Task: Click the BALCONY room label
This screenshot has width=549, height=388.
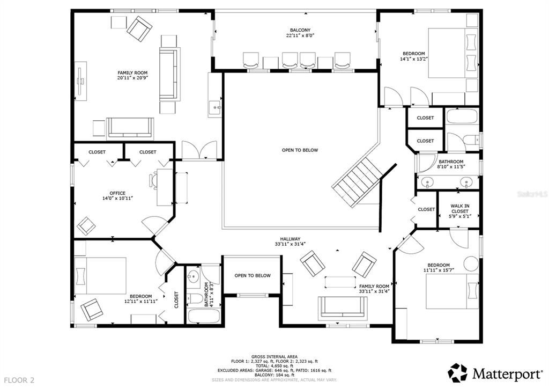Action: (x=300, y=30)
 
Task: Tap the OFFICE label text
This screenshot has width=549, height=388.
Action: (x=117, y=193)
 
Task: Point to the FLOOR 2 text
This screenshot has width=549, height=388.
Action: (x=18, y=379)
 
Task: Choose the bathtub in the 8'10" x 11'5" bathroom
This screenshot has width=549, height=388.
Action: (x=462, y=116)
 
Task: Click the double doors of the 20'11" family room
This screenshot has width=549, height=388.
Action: (x=199, y=150)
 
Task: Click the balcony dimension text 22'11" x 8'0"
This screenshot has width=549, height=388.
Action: (x=300, y=36)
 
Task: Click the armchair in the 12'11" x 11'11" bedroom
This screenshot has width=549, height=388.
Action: (x=91, y=309)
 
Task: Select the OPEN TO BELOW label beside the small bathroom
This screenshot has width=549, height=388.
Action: (x=252, y=275)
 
